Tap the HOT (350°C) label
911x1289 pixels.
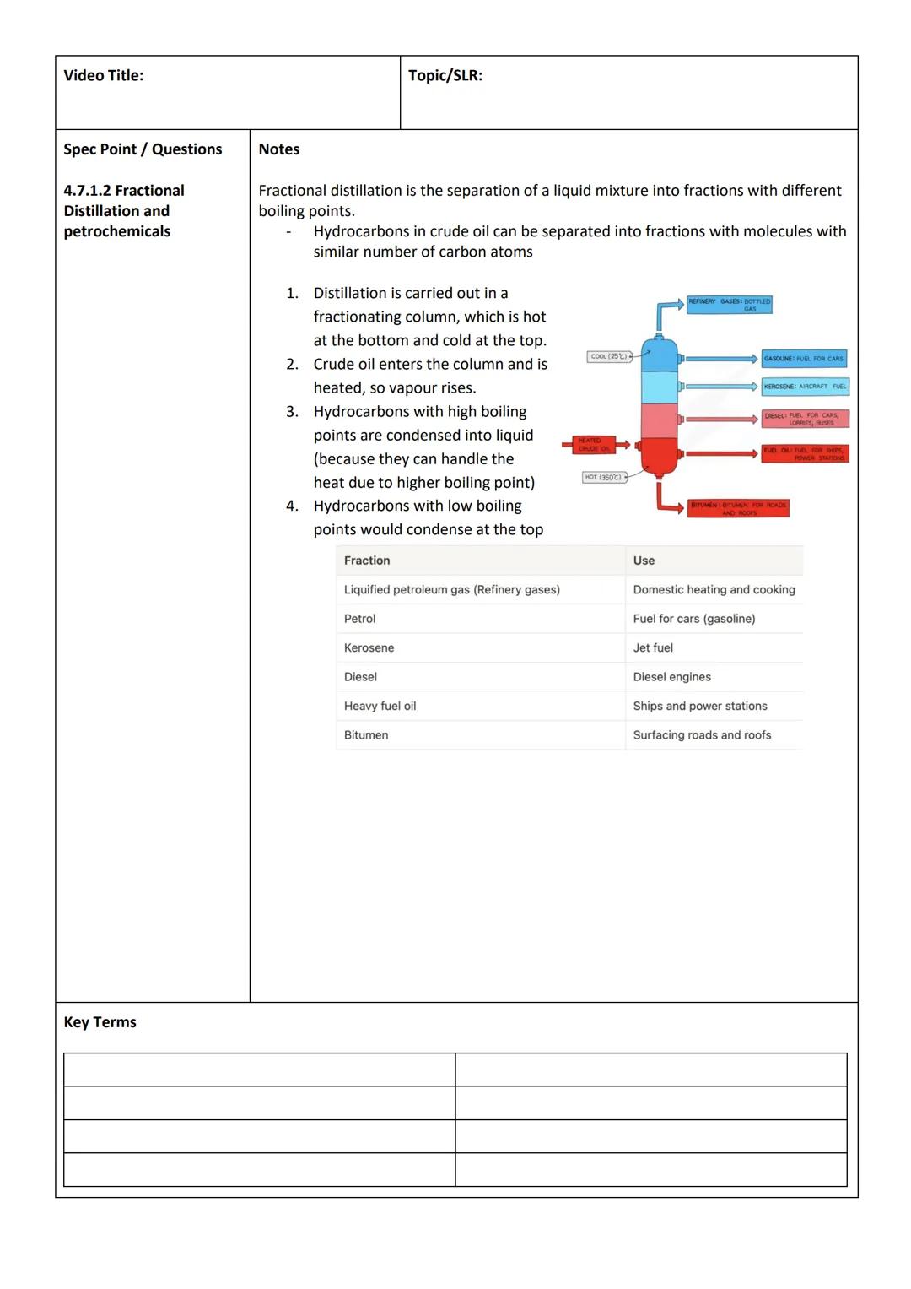pyautogui.click(x=603, y=478)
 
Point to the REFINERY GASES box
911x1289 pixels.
pyautogui.click(x=729, y=305)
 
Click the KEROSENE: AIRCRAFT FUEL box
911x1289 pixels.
pyautogui.click(x=805, y=387)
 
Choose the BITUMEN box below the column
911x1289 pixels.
pyautogui.click(x=738, y=508)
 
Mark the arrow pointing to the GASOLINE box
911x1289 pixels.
pyautogui.click(x=721, y=359)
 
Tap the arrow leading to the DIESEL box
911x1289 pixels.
pyautogui.click(x=721, y=419)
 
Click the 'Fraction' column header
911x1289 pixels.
pyautogui.click(x=367, y=561)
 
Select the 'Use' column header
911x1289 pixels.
pyautogui.click(x=644, y=561)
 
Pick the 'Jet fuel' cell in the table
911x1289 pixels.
pyautogui.click(x=653, y=648)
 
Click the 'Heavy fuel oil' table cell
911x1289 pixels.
pyautogui.click(x=380, y=707)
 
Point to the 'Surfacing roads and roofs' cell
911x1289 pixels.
pyautogui.click(x=702, y=735)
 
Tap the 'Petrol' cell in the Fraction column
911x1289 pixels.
pyautogui.click(x=359, y=619)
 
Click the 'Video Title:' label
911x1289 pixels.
pyautogui.click(x=103, y=76)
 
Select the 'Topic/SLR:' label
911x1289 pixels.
pyautogui.click(x=445, y=76)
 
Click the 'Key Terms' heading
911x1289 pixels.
pyautogui.click(x=100, y=1022)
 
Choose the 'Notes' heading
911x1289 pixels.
pyautogui.click(x=278, y=149)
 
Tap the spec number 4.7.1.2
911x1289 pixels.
pyautogui.click(x=87, y=191)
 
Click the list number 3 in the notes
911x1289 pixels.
pyautogui.click(x=292, y=412)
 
